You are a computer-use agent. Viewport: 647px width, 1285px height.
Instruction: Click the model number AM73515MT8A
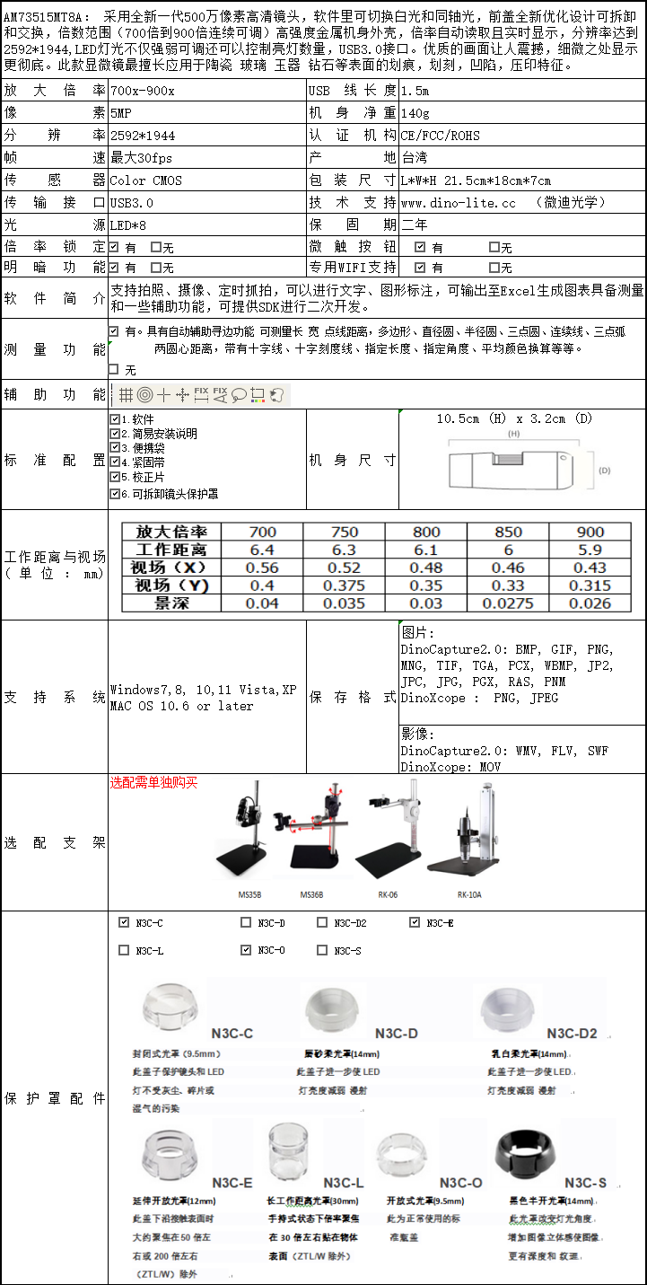45,16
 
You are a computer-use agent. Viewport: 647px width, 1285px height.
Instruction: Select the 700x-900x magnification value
143,91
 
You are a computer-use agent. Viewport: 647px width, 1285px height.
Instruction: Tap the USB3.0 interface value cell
133,203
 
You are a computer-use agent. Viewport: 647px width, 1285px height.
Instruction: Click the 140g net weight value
415,113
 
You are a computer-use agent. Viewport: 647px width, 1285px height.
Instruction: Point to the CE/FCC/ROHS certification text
441,136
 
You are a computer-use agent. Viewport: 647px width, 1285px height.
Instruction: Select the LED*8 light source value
128,224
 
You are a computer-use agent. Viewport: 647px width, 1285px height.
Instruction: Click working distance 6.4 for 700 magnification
262,550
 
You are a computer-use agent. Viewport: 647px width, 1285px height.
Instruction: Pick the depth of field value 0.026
590,603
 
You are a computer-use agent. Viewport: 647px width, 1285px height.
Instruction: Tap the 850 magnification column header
508,532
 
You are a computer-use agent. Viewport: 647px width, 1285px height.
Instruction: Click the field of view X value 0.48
425,568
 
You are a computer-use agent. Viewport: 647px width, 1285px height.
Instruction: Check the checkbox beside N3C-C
124,922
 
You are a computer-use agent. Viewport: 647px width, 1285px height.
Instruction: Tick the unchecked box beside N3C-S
322,950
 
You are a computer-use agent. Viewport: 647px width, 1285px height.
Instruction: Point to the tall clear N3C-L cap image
289,1154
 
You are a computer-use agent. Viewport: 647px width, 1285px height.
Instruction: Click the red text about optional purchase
153,782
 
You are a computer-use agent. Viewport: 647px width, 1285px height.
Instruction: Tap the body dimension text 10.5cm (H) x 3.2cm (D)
515,418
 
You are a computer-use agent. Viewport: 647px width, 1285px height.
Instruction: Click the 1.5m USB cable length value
415,91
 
